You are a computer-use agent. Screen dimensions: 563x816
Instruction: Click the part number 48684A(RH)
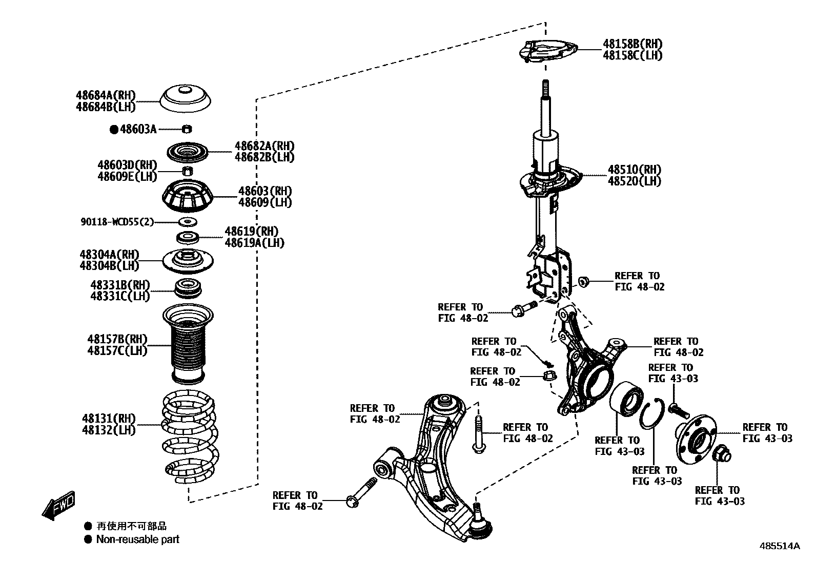106,95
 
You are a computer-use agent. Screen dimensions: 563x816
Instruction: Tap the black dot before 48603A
114,130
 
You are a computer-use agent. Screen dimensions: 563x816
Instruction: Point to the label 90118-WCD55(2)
117,222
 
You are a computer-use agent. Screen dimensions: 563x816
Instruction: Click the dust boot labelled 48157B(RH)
188,344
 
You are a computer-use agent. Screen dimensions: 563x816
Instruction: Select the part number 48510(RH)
634,170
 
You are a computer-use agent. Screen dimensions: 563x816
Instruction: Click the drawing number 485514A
779,546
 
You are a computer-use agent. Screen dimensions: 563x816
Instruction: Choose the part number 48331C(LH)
120,296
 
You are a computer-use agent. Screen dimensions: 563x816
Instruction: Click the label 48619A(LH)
254,243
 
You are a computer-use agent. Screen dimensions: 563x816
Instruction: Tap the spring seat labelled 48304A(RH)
188,260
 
